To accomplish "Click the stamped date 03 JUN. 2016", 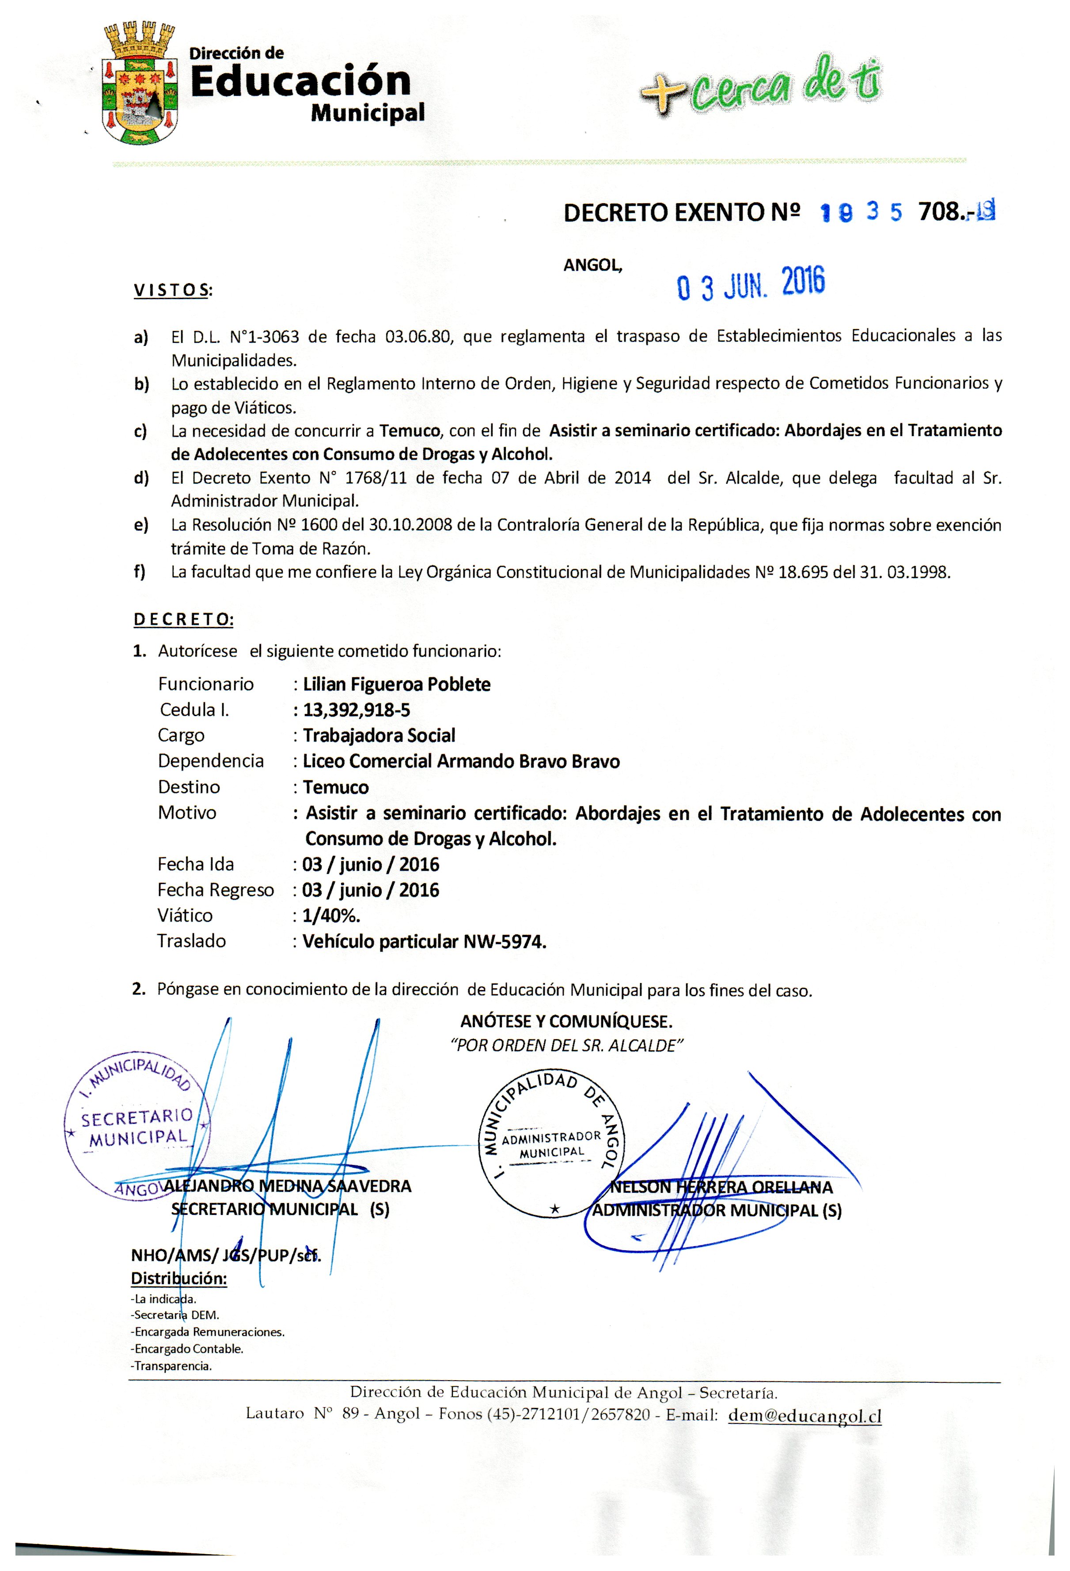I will (750, 284).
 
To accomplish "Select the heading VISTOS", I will (172, 291).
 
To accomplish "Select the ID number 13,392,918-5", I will (356, 710).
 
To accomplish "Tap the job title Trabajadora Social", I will (379, 736).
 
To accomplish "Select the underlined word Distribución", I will (178, 1278).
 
